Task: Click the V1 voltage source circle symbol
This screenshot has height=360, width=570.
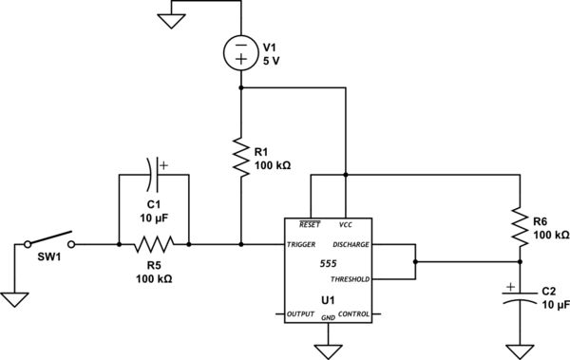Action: [x=241, y=51]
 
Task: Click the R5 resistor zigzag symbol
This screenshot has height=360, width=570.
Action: [x=154, y=244]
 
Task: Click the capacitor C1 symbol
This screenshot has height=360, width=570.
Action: [x=154, y=175]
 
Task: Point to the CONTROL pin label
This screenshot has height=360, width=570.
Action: [x=353, y=313]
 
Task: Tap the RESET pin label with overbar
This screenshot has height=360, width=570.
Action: [x=309, y=225]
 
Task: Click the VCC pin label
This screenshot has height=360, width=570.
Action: [x=346, y=225]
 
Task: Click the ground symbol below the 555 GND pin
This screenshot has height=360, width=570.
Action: [x=328, y=351]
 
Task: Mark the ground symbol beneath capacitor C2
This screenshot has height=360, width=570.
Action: [x=520, y=351]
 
